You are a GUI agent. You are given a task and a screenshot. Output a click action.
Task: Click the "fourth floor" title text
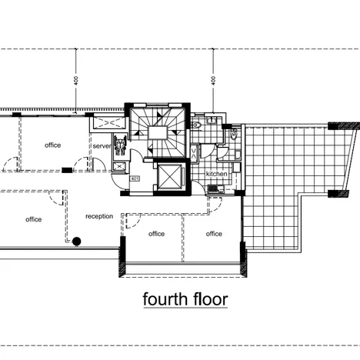pos(185,299)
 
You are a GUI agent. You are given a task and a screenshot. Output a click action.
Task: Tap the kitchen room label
pos(217,174)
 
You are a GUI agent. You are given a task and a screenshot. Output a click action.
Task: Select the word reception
pos(99,216)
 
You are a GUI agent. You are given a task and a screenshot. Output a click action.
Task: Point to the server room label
pos(102,146)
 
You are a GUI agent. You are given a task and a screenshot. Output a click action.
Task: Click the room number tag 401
pos(135,178)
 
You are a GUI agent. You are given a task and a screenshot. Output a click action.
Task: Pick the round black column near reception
pos(77,242)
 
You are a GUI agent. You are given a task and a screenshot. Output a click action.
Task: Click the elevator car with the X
pos(169,177)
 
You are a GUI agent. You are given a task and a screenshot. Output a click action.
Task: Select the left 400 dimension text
pos(76,81)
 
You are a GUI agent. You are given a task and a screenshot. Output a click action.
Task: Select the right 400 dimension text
pos(213,81)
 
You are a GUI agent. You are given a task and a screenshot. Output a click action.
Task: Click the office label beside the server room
pos(53,145)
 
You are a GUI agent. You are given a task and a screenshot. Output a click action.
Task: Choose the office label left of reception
pos(34,219)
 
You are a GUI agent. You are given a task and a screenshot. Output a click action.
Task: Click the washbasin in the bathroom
pos(212,120)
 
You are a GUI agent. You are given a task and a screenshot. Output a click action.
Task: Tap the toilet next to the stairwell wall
pos(196,125)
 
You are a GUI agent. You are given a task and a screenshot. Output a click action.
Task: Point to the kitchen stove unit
pos(212,188)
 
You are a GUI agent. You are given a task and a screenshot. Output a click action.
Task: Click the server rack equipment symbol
pos(120,145)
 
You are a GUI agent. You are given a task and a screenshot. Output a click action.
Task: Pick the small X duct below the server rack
pos(119,167)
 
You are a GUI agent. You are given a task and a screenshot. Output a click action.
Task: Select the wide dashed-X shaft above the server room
pos(108,123)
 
